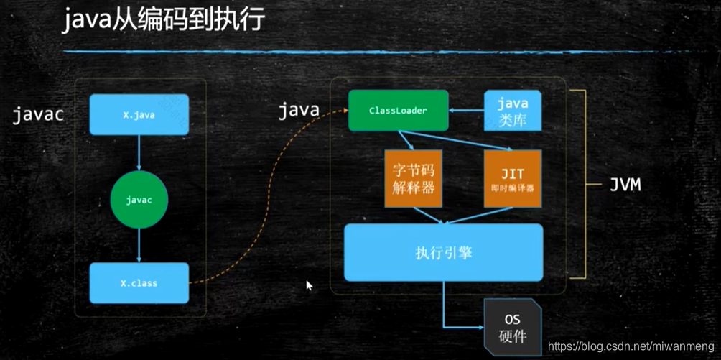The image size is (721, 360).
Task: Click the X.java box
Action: coord(139,114)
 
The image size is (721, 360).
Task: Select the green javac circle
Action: coord(139,200)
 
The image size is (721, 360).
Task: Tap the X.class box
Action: coord(139,283)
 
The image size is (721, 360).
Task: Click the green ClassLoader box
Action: coord(398,111)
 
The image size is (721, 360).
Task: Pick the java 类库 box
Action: coord(513,111)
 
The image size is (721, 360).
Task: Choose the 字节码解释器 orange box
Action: coord(413,179)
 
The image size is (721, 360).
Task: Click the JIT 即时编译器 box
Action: coord(513,179)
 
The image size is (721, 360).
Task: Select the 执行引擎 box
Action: coord(443,253)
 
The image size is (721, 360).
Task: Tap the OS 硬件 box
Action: coord(512,327)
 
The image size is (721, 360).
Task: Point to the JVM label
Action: coord(625,185)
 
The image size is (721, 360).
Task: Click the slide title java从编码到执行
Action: coord(163,19)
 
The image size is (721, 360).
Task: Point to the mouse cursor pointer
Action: coord(309,285)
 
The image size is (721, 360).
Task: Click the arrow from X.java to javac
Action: coord(139,152)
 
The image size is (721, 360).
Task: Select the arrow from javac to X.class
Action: coord(139,246)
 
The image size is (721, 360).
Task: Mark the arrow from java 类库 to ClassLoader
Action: coord(466,111)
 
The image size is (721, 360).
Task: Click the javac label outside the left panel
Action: coord(38,114)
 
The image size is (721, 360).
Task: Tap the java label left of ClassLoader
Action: coord(298,110)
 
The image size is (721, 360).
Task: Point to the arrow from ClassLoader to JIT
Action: coord(460,140)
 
